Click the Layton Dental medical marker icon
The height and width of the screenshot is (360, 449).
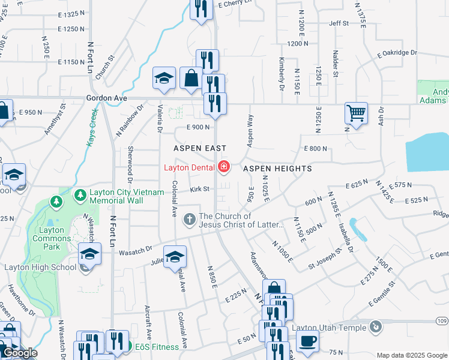[224, 167]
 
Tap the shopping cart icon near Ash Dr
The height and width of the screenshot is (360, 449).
[356, 113]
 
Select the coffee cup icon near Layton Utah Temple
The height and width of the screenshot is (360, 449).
[307, 341]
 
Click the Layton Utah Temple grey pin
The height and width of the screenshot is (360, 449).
[376, 327]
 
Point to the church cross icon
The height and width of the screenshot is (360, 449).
[189, 220]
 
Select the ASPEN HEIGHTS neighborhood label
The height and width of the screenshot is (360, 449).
[277, 169]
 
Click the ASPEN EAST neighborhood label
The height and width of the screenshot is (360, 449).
[200, 148]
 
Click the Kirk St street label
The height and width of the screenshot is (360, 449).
[199, 190]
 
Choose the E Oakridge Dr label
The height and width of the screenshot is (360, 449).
[397, 54]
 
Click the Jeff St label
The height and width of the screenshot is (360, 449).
[339, 23]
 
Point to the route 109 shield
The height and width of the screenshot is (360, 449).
[442, 322]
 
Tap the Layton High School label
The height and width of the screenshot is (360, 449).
[40, 268]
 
